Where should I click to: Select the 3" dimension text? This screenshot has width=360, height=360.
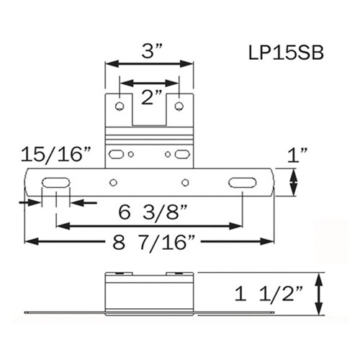pyautogui.click(x=150, y=51)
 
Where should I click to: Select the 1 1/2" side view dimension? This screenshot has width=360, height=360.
pyautogui.click(x=278, y=294)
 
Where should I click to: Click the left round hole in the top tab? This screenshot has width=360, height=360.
pyautogui.click(x=120, y=107)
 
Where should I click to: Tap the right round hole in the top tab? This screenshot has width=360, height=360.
pyautogui.click(x=179, y=107)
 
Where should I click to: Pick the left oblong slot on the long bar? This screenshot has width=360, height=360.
pyautogui.click(x=54, y=183)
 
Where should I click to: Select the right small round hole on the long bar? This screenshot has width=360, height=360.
pyautogui.click(x=185, y=183)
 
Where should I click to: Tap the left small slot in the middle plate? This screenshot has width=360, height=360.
pyautogui.click(x=116, y=154)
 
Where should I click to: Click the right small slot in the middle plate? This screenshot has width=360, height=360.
pyautogui.click(x=182, y=154)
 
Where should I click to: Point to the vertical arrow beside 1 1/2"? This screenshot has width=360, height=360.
pyautogui.click(x=320, y=294)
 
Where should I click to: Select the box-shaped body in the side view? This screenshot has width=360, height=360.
pyautogui.click(x=149, y=294)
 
